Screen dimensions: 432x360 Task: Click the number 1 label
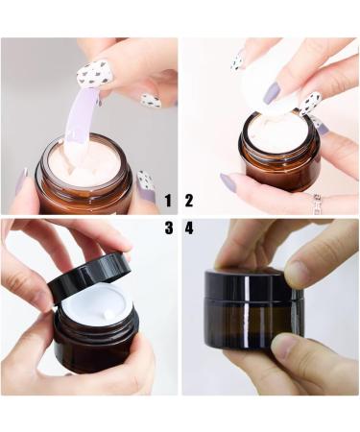[168, 201]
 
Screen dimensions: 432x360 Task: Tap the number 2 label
[189, 201]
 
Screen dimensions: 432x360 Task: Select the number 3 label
[168, 228]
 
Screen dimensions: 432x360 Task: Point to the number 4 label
[189, 228]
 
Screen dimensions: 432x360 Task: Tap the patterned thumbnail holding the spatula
[94, 72]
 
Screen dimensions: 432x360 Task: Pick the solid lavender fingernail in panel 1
[21, 180]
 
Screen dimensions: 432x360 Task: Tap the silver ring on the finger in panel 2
[317, 202]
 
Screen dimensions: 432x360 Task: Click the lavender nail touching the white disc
[272, 93]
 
